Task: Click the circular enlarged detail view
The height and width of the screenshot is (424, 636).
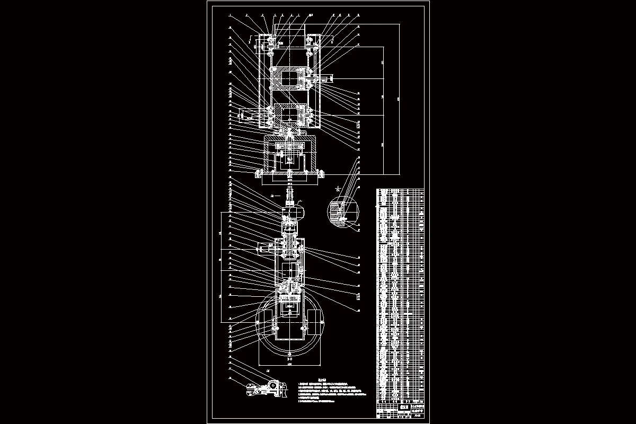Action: coord(343,211)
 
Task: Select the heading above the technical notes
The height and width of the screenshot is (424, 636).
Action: coord(321,379)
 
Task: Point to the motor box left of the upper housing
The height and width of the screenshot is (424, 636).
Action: coord(248,113)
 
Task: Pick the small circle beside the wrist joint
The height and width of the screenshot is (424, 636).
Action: coord(298,213)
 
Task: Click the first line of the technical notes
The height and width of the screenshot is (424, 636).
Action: coord(323,383)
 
